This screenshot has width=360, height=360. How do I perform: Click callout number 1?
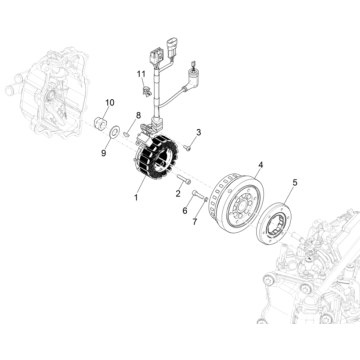136,197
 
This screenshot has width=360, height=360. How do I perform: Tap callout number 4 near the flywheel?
260,165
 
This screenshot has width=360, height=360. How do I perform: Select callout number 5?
295,182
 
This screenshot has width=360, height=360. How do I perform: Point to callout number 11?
141,74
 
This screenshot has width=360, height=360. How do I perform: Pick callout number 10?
110,103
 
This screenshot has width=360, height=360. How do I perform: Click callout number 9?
104,153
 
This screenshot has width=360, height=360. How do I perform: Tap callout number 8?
138,116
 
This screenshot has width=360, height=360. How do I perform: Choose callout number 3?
199,132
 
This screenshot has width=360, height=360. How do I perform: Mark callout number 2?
178,193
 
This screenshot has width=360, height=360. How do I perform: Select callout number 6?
185,211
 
